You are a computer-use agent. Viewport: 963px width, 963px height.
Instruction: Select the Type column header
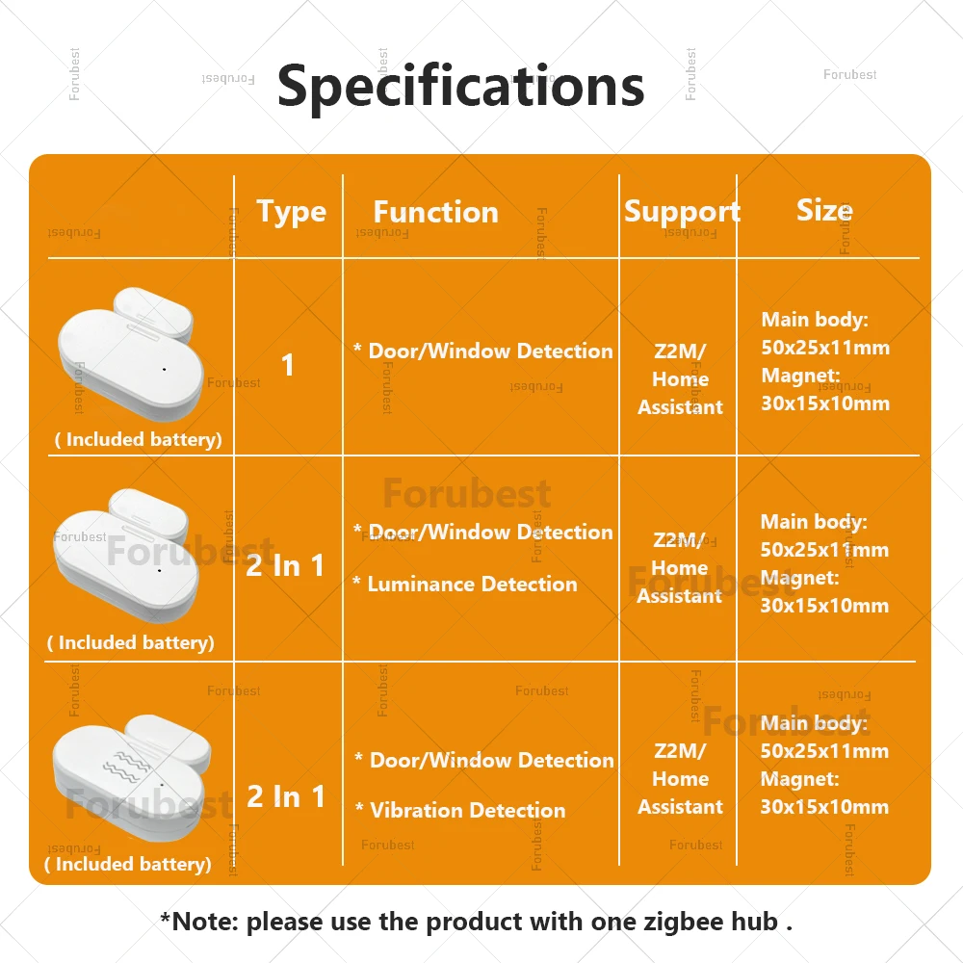coord(291,213)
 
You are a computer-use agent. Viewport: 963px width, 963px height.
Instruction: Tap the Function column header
coord(436,212)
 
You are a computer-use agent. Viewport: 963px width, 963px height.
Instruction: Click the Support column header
coord(682,213)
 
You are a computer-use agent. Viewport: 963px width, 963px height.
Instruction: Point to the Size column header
coord(825,210)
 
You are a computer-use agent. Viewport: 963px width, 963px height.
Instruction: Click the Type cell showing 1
coord(287,365)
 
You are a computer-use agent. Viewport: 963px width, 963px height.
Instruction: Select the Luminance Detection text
coord(472,585)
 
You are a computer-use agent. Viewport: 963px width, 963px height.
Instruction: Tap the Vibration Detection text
coord(467,810)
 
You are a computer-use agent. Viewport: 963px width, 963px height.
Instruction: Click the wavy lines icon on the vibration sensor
coord(126,764)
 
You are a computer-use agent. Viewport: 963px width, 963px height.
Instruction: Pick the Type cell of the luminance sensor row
coord(285,565)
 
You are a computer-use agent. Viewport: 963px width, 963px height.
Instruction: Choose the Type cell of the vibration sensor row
coord(286,796)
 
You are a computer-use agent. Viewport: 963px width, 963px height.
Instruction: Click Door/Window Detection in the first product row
coord(491,351)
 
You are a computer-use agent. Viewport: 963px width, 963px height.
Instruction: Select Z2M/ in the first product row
coord(681,351)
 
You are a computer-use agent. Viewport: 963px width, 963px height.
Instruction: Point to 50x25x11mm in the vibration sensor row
coord(824,750)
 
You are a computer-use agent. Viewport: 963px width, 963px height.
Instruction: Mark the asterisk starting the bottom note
coord(165,918)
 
